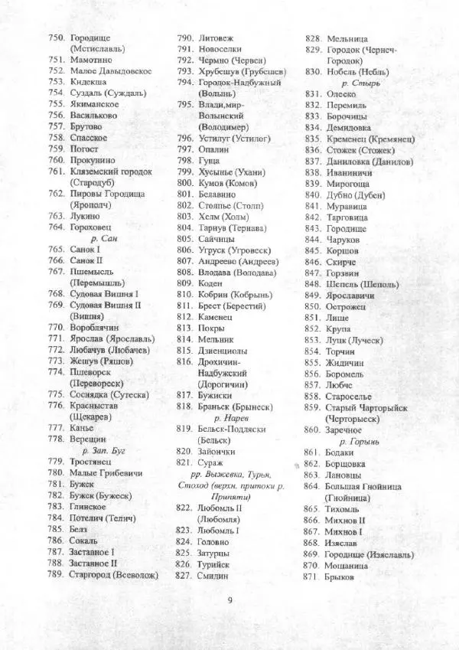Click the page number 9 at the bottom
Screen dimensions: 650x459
tap(229, 599)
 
